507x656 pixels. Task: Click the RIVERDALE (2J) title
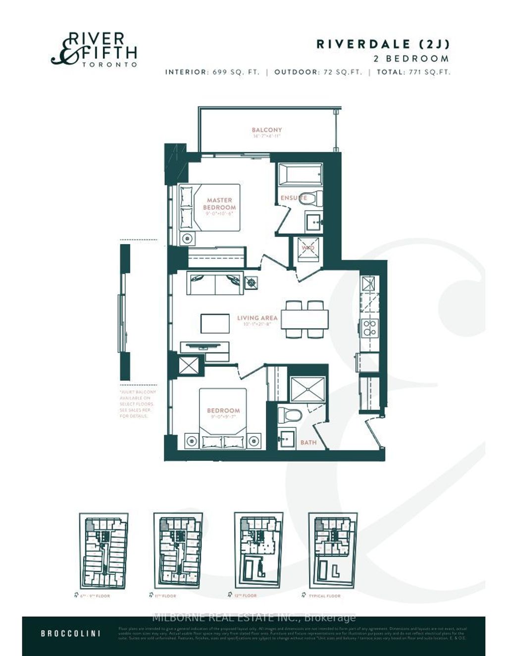pyautogui.click(x=383, y=44)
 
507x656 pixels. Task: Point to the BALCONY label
pyautogui.click(x=266, y=130)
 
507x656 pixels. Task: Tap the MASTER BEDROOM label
pyautogui.click(x=219, y=204)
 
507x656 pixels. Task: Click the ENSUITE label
pyautogui.click(x=293, y=198)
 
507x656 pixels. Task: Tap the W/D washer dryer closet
pyautogui.click(x=308, y=248)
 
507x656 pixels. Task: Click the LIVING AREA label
pyautogui.click(x=257, y=318)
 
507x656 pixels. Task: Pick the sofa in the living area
pyautogui.click(x=215, y=283)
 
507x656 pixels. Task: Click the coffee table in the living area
pyautogui.click(x=215, y=323)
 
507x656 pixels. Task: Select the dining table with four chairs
pyautogui.click(x=304, y=319)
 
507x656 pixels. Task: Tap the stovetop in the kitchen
pyautogui.click(x=369, y=327)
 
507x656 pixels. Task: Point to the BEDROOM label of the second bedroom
pyautogui.click(x=223, y=410)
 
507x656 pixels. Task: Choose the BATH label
pyautogui.click(x=308, y=442)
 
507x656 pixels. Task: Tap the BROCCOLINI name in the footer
pyautogui.click(x=71, y=633)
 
